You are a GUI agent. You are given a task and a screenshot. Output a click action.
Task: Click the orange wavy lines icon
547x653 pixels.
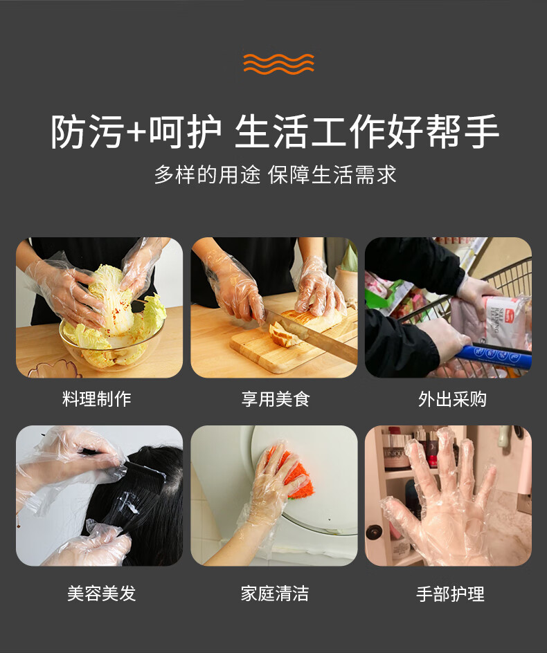click(278, 64)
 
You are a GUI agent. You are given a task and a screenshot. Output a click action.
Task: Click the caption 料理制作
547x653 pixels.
click(97, 398)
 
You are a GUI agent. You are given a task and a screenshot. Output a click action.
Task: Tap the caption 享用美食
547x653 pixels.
click(276, 398)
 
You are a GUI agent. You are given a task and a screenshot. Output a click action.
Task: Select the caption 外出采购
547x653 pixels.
click(452, 398)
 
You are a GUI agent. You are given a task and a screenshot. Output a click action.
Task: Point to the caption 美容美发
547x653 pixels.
click(102, 593)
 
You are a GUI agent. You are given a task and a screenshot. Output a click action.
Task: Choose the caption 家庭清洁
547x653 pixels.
click(275, 593)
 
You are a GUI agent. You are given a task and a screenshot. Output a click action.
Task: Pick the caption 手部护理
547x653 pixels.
click(450, 594)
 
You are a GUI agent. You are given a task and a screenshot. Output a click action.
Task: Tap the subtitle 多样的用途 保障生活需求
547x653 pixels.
click(275, 174)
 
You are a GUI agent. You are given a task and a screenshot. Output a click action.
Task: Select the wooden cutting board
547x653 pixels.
click(292, 346)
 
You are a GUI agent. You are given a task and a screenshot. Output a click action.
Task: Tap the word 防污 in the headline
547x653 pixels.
click(87, 132)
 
